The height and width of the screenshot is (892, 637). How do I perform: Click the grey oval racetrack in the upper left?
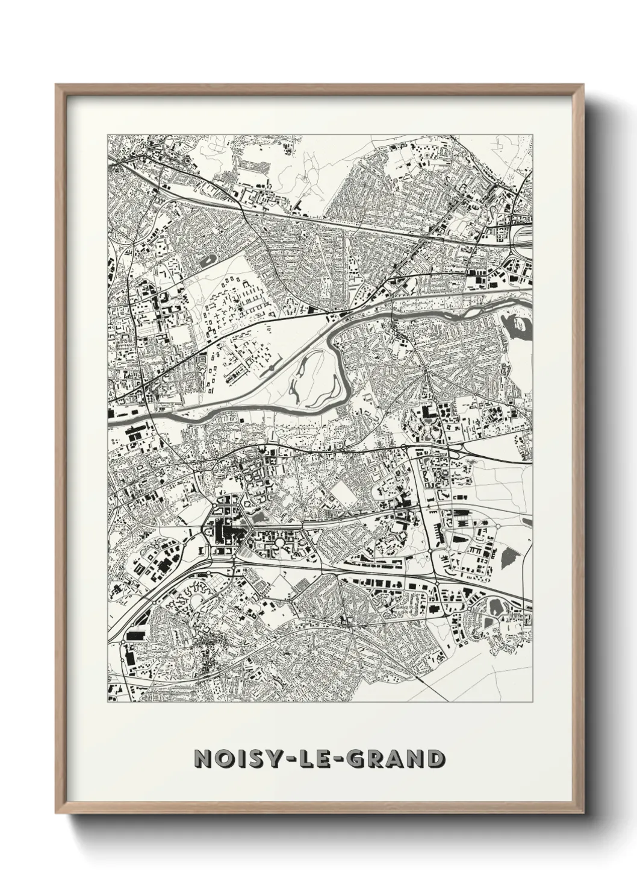(210, 262)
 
